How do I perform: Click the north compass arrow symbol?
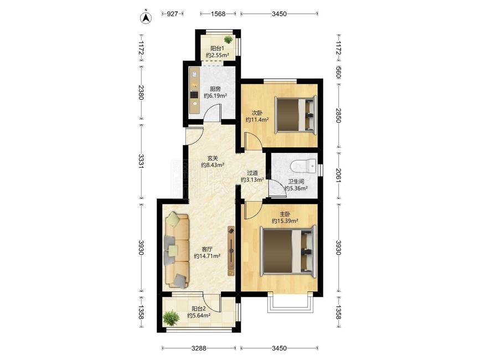(146, 18)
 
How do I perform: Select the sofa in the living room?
(177, 251)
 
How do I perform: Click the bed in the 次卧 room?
(296, 115)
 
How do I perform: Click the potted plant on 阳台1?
(228, 39)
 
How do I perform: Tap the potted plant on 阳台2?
(171, 318)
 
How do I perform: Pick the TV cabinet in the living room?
(231, 251)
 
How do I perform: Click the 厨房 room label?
(215, 89)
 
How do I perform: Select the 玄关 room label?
(213, 158)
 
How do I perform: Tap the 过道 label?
(252, 173)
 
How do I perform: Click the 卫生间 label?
(296, 182)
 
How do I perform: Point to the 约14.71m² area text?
(207, 256)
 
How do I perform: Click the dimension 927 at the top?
(172, 14)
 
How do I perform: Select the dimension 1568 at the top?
(218, 14)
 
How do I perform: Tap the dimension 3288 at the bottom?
(199, 348)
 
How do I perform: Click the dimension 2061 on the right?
(338, 175)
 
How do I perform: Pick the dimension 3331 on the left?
(141, 161)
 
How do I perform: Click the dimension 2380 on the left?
(141, 92)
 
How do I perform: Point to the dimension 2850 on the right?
(338, 115)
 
